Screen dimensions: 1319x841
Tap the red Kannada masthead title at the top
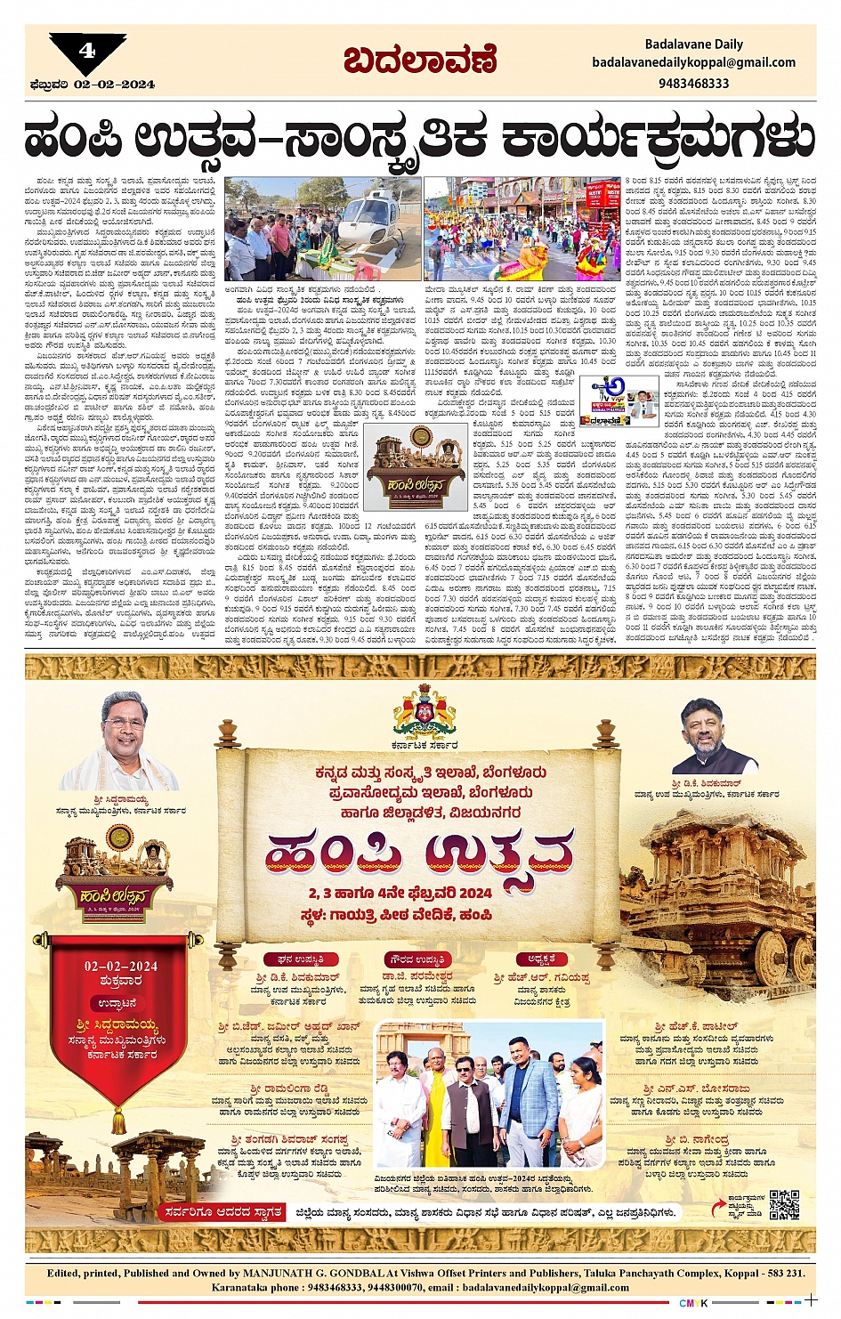419,61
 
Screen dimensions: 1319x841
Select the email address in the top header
693,62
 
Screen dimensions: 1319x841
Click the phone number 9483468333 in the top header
693,83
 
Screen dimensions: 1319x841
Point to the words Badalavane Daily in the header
693,44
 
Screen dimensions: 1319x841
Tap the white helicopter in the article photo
365,214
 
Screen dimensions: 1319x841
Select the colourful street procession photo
522,229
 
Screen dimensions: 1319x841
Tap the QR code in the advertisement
783,1204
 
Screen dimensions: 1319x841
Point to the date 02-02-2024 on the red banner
121,966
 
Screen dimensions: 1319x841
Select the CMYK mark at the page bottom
693,1303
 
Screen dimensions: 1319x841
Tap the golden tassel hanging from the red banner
118,1119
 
